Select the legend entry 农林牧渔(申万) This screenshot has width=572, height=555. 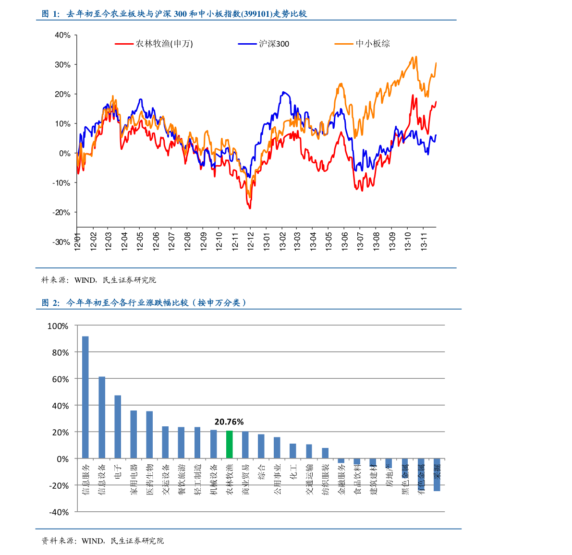click(x=164, y=44)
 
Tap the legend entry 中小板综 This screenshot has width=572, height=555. click(x=373, y=44)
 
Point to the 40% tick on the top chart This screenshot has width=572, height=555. click(x=62, y=35)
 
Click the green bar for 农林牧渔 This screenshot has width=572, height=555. click(x=230, y=445)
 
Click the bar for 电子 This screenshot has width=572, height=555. click(x=118, y=427)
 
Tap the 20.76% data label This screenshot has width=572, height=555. click(x=229, y=422)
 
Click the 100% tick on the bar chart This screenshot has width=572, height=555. click(x=58, y=326)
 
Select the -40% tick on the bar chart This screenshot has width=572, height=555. click(x=59, y=512)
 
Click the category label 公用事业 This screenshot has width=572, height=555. click(x=278, y=479)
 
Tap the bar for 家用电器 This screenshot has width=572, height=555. click(x=134, y=434)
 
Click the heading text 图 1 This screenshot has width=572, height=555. click(x=50, y=14)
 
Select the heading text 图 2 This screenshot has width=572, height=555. click(x=50, y=303)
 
